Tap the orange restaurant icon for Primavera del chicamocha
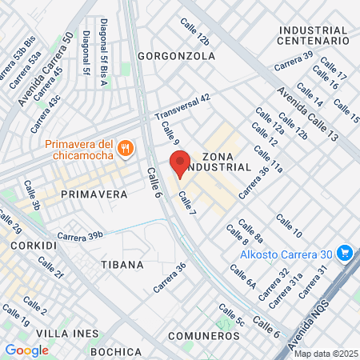[125, 148]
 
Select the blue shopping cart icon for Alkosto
[346, 253]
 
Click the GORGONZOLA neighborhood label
[177, 56]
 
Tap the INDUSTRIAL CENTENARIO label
[314, 34]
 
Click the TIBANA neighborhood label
[122, 264]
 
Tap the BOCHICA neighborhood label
[116, 352]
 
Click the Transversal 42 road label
[182, 104]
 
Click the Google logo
[26, 350]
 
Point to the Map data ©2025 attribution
[325, 354]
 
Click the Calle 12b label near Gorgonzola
[195, 33]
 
